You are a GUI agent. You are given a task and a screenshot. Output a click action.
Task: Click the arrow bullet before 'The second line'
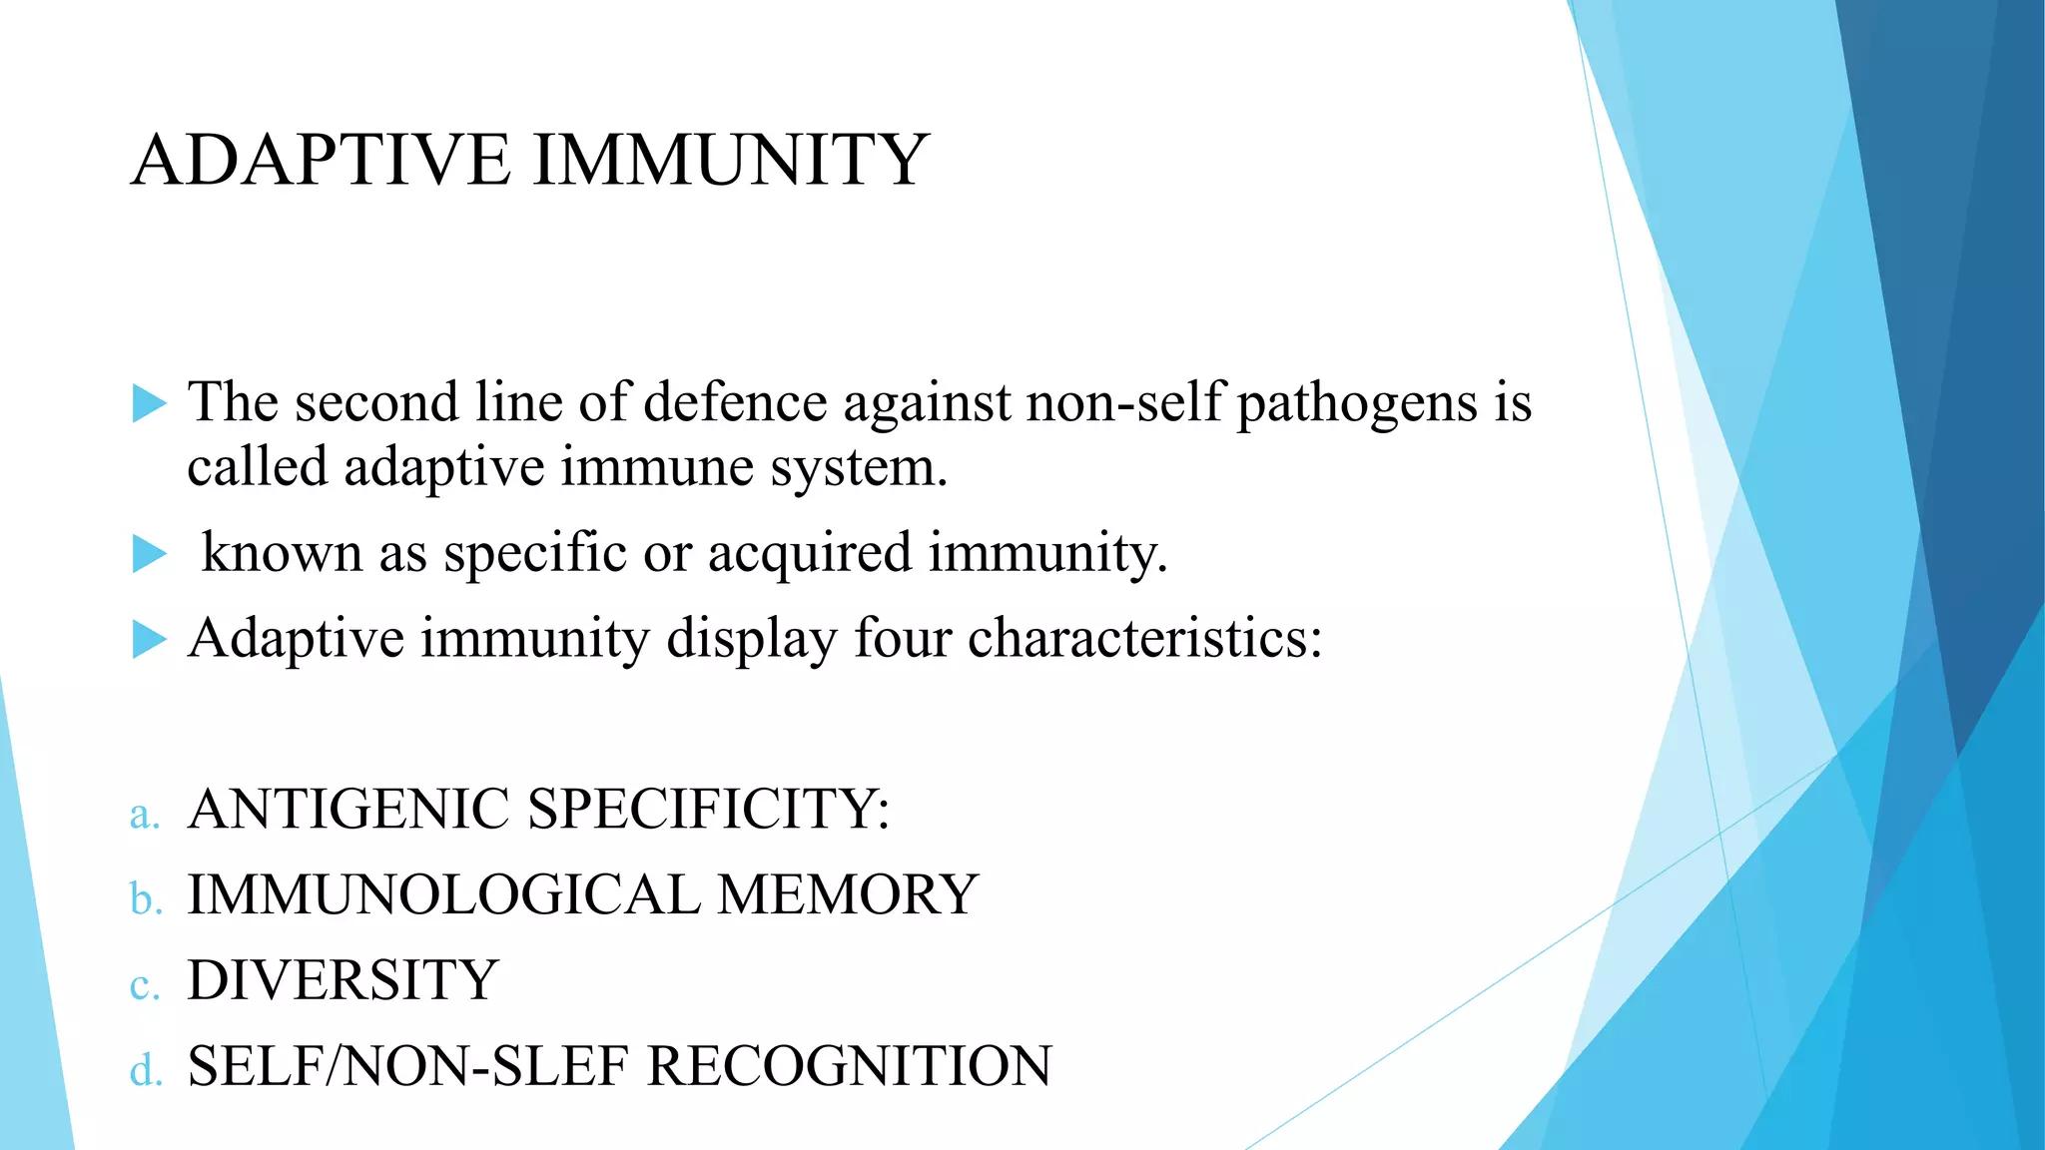[x=150, y=404]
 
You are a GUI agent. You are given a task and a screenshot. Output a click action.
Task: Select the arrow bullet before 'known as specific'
[x=150, y=554]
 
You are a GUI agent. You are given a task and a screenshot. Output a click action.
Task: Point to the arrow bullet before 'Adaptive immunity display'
[x=150, y=640]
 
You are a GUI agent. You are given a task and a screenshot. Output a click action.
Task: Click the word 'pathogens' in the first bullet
[x=1357, y=404]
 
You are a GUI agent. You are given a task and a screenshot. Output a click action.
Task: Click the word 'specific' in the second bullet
[x=535, y=554]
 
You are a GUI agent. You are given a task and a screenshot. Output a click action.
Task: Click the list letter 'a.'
[x=145, y=815]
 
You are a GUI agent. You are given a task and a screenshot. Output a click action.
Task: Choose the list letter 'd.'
[x=146, y=1071]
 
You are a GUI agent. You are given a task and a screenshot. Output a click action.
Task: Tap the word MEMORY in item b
[x=848, y=895]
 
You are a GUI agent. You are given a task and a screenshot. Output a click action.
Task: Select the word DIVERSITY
[x=342, y=981]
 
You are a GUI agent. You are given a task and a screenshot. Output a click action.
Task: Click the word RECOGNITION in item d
[x=850, y=1067]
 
